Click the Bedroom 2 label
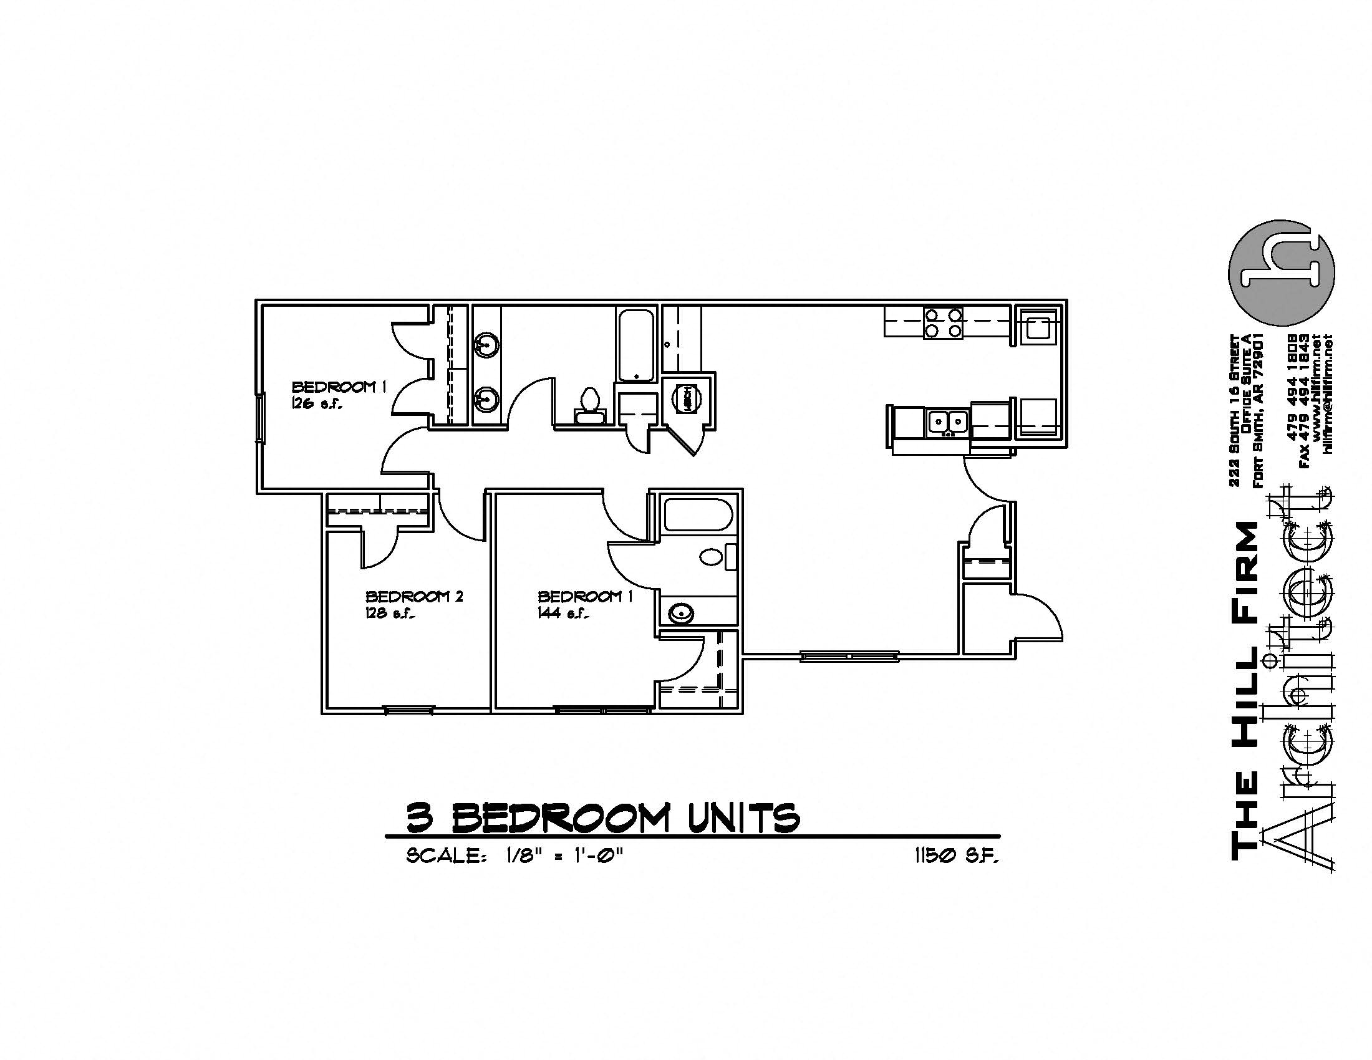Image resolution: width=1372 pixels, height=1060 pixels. (414, 596)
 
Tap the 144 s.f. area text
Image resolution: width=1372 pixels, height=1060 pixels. (563, 614)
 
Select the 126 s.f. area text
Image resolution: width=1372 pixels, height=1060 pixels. (316, 405)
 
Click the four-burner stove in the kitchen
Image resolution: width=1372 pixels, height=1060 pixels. (942, 323)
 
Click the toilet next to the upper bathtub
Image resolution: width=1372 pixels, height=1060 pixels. (589, 402)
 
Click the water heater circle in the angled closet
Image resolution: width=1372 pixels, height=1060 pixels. (688, 398)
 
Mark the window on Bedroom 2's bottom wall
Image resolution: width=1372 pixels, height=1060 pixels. (408, 710)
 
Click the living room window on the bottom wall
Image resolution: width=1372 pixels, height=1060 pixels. (849, 656)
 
